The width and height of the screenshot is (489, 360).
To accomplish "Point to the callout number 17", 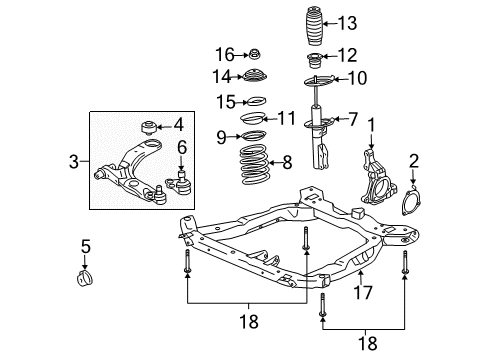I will [x=363, y=294].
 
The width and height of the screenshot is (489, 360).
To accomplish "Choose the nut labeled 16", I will [x=254, y=53].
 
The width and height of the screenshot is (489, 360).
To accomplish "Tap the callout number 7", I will [x=351, y=120].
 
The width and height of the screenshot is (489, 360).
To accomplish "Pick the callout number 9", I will [x=221, y=137].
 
